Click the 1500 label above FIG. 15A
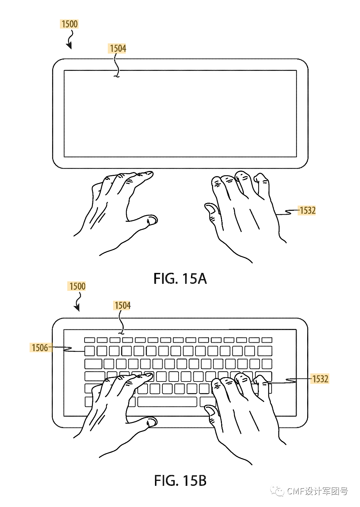click(69, 24)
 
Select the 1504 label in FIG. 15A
click(118, 48)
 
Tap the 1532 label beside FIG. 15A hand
click(307, 210)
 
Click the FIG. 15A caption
click(180, 279)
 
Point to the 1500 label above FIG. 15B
click(77, 286)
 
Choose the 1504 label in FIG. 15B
click(122, 305)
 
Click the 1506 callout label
click(40, 348)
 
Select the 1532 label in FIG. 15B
click(320, 379)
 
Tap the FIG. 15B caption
click(180, 481)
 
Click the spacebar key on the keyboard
click(167, 402)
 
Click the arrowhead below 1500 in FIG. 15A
click(69, 45)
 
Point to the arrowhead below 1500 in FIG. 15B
click(77, 308)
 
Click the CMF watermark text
click(317, 491)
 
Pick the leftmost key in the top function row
click(89, 340)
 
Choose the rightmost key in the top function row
click(267, 340)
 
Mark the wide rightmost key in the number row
click(265, 351)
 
